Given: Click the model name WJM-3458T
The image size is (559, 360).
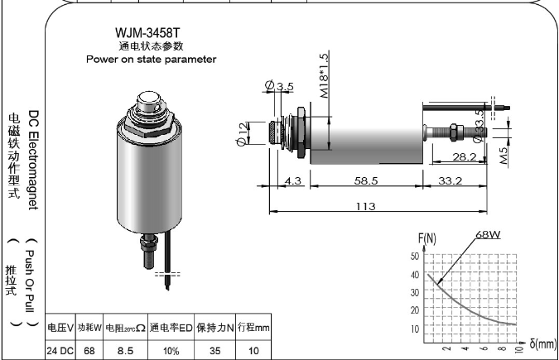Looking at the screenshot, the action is coord(147,33).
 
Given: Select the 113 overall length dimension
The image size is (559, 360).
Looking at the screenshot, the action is coord(366,206).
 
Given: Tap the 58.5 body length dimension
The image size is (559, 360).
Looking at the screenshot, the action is coord(366,180).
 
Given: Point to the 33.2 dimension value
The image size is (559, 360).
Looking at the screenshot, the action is coord(450,180).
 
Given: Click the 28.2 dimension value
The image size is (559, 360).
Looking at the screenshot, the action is coord(464,157).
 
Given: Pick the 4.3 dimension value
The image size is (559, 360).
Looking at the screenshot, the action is coord(293,180).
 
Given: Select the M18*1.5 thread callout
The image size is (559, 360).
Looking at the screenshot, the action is coord(324,75).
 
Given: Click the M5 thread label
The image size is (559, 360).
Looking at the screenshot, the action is coord(504,155).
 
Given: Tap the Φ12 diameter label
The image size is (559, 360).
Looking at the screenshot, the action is coord(242,134).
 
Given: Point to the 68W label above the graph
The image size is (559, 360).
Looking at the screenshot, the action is coord(488,234).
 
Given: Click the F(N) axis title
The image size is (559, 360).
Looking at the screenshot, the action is coord(427,238).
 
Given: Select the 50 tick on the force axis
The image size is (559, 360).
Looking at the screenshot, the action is coord(415,256).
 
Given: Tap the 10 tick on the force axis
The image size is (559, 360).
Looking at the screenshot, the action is coord(415,329).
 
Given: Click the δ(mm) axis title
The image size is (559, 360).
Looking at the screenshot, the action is coord(543,344).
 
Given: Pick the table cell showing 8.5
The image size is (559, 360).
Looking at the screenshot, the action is coord(125,351).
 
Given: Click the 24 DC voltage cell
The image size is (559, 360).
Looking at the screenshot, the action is coord(60,351).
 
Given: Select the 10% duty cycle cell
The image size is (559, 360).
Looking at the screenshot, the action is coord(171,352).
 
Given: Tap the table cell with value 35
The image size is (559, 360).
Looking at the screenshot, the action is coord(215,351).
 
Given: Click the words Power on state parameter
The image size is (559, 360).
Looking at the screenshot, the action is coord(152,59).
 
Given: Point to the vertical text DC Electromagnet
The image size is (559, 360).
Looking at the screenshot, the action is coord(33,160).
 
